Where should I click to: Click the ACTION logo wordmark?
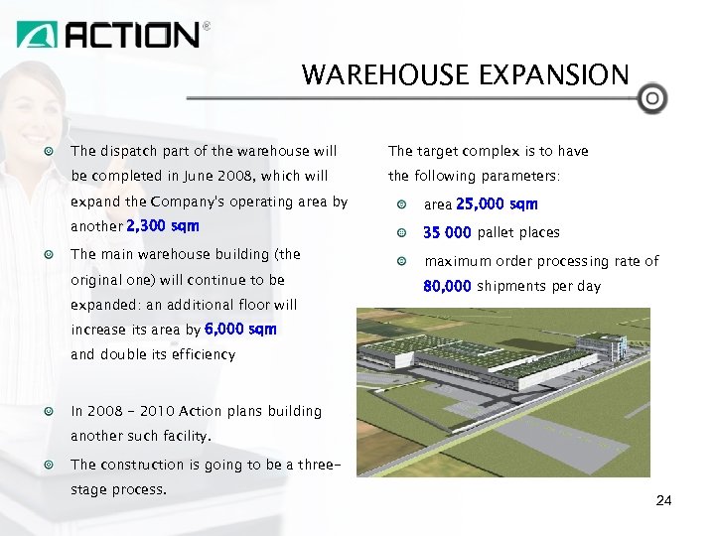click(x=132, y=35)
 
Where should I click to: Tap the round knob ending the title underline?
click(x=651, y=99)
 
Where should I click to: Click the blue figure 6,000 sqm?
click(x=240, y=329)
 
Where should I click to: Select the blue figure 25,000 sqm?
click(x=497, y=204)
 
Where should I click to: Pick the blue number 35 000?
click(x=448, y=233)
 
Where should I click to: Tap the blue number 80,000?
click(x=447, y=286)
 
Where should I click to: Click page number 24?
click(x=664, y=501)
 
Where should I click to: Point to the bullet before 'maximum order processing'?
click(x=401, y=261)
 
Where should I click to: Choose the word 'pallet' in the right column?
click(x=498, y=233)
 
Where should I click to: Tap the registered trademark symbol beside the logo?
click(x=207, y=27)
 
